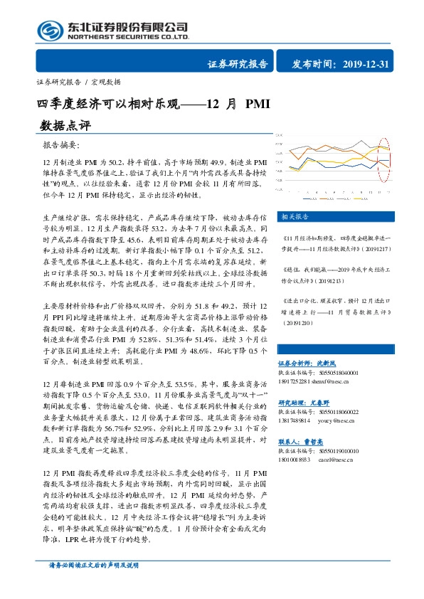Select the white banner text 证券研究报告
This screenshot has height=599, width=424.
[x=238, y=64]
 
